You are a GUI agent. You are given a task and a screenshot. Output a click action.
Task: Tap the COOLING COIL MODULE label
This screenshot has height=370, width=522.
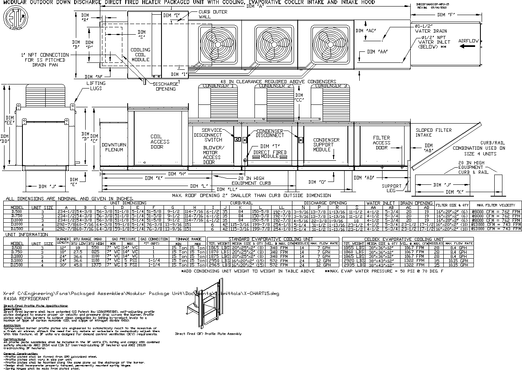140,55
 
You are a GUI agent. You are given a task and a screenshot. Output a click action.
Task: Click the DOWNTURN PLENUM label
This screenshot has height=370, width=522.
114,147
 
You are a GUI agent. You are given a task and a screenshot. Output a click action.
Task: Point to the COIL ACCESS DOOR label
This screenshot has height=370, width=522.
160,142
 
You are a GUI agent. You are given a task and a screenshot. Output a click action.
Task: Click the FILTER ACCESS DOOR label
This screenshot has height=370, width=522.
382,143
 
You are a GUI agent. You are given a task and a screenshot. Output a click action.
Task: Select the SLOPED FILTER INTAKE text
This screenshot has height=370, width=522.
434,133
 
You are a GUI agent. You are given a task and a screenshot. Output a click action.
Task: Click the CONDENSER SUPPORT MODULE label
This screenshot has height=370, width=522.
326,145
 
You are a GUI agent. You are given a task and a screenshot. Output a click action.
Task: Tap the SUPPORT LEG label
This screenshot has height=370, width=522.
391,188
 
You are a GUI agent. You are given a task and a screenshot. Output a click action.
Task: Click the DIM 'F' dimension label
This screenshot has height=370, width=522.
446,15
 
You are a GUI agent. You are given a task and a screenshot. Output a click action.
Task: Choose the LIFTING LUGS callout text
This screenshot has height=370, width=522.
96,86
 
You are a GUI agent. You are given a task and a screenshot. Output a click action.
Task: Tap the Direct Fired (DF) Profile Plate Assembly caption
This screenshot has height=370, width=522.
208,334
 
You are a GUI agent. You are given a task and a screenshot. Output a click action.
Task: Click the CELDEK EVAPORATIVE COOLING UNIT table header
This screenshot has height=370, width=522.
403,239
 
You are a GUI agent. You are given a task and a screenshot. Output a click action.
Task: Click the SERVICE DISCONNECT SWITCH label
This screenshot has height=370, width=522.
208,135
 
